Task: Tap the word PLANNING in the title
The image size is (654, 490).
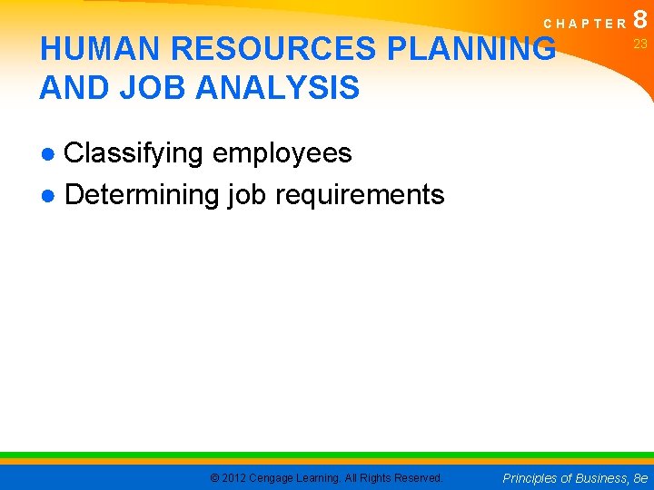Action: coord(471,49)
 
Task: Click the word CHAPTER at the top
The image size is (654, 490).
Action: coord(580,23)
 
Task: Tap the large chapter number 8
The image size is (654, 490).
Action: coord(640,18)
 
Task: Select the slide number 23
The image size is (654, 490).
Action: coord(640,44)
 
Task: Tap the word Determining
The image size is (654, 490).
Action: coord(143,195)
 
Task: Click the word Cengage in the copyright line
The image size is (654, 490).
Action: coord(276,477)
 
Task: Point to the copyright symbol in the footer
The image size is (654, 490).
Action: coord(213,477)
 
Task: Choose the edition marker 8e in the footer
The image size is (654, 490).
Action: coord(640,477)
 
